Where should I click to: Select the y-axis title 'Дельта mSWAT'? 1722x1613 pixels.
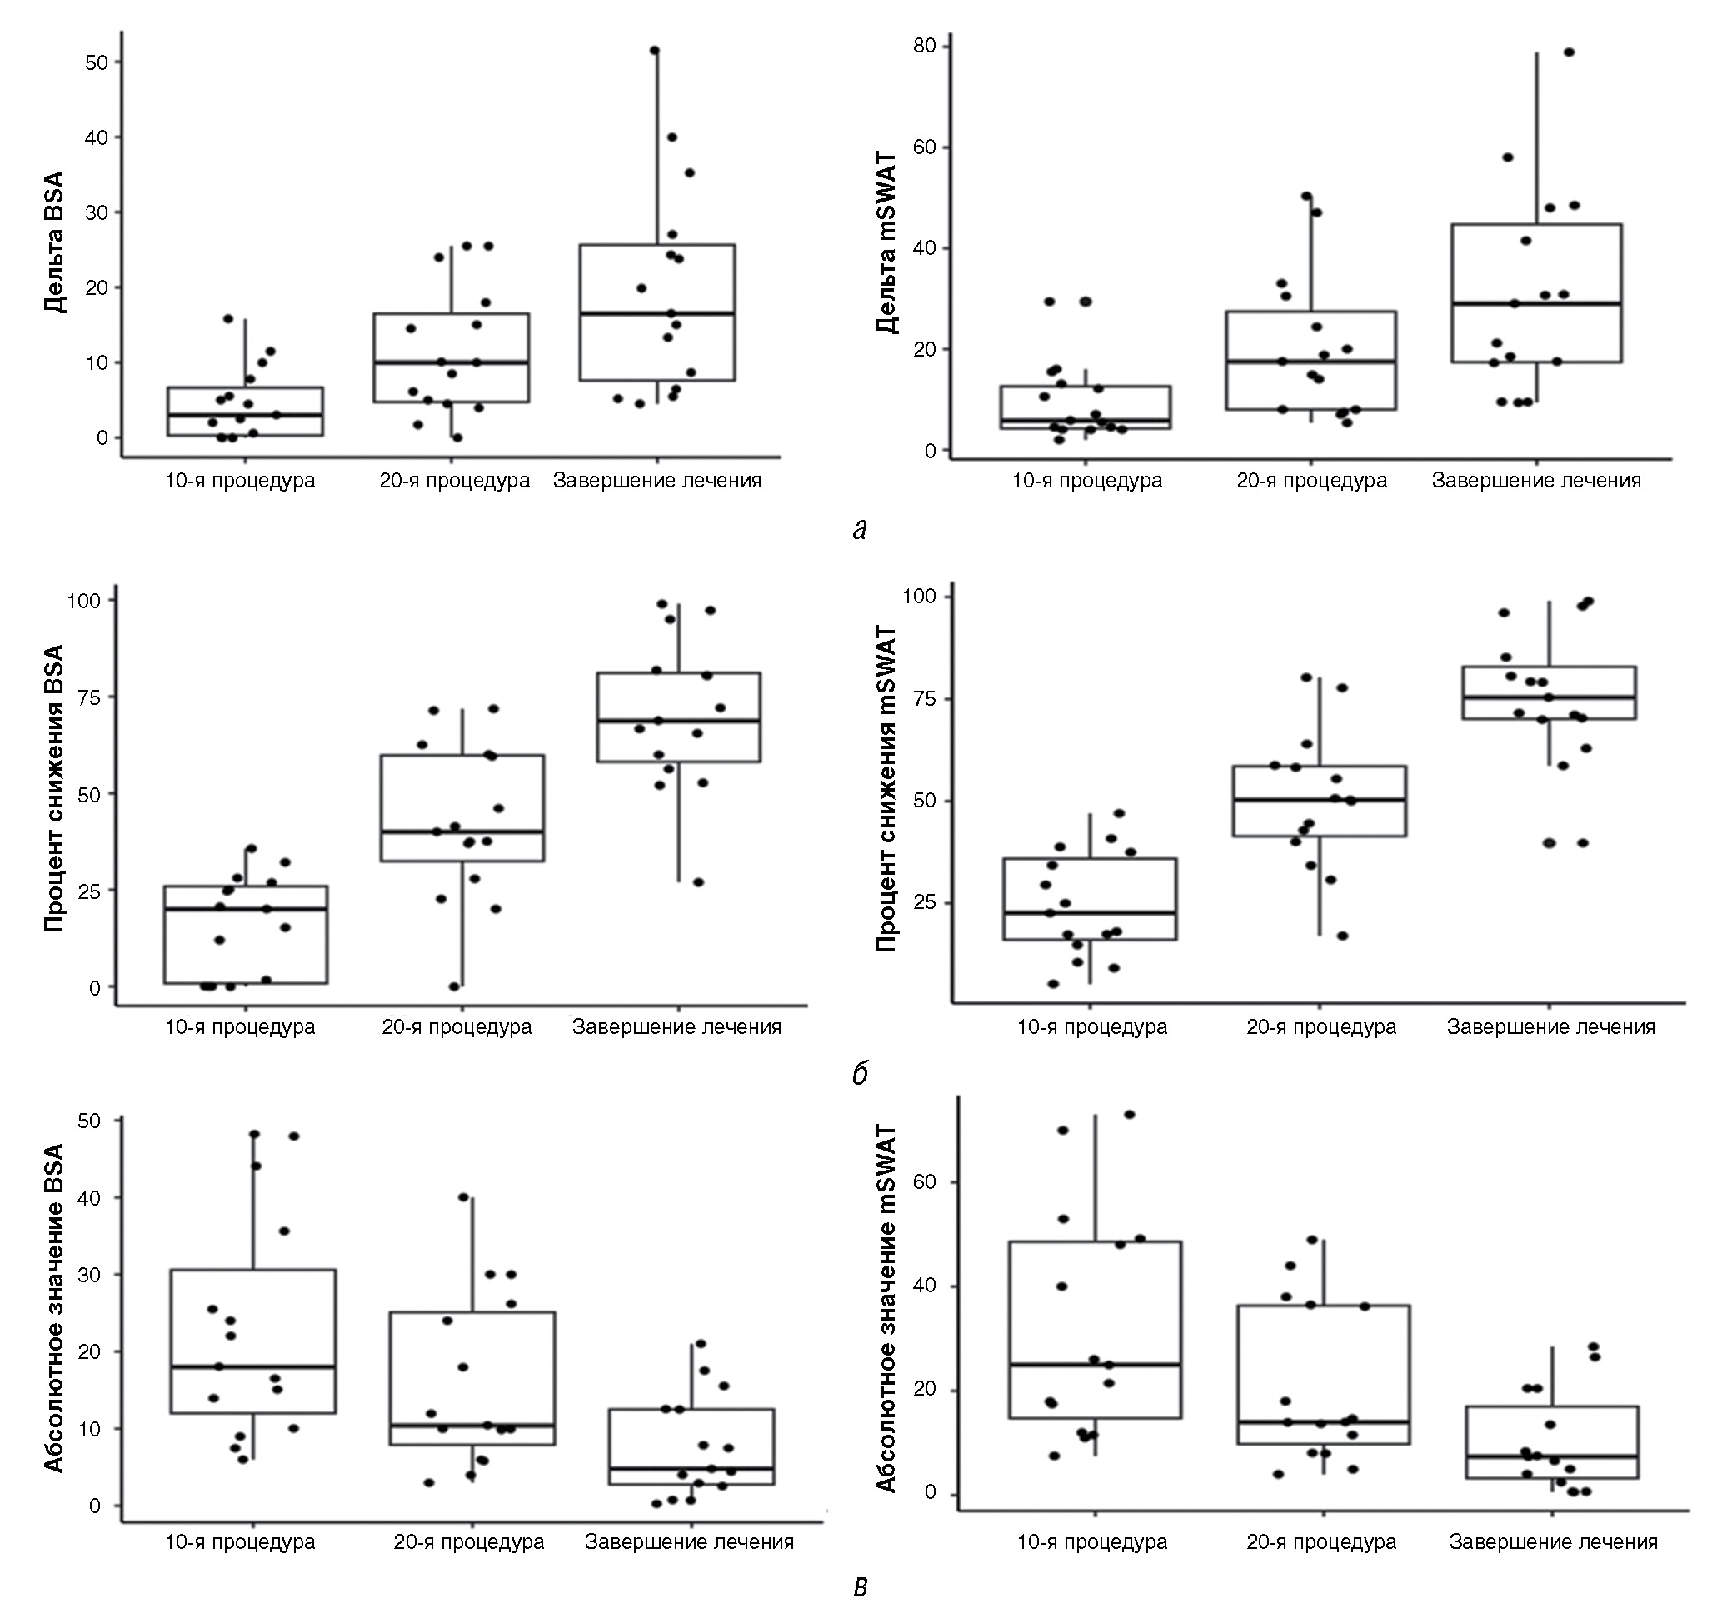[886, 243]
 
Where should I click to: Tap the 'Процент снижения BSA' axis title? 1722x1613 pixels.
[53, 787]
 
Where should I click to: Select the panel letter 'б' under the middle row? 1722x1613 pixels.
[859, 1074]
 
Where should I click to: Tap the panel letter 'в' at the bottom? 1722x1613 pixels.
[859, 1586]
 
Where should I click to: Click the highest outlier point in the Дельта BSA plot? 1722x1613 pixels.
[655, 50]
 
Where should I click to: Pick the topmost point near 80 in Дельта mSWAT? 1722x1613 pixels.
[1569, 52]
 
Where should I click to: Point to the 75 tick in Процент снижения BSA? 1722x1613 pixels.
[90, 697]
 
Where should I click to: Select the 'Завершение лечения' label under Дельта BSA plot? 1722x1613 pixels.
[656, 481]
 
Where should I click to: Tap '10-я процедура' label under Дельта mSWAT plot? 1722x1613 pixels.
[1087, 481]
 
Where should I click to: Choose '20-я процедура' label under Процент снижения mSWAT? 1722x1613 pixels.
[1321, 1027]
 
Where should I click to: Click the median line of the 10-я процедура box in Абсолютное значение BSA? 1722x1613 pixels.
[253, 1366]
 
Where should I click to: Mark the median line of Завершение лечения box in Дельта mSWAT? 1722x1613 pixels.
[1536, 303]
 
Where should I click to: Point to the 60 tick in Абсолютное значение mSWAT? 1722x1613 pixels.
[924, 1182]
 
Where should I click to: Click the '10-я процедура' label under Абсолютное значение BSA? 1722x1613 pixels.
[240, 1542]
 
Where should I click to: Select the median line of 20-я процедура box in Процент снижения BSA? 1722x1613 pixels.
[462, 831]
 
